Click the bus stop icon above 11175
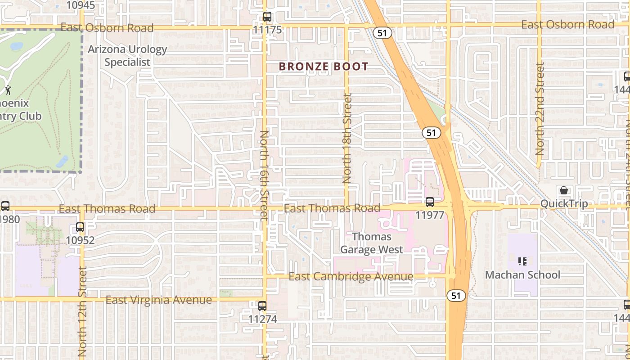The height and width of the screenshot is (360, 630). pos(267,17)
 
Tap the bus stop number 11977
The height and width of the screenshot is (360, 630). pos(429,215)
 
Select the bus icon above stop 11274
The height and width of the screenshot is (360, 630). pos(262,306)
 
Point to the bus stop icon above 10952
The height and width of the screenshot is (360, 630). pos(80,227)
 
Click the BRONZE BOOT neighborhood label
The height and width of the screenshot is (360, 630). pos(324,67)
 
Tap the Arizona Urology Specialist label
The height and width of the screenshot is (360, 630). pos(127,56)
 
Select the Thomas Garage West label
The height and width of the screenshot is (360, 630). pos(372,243)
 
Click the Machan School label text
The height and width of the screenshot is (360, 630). pos(522,274)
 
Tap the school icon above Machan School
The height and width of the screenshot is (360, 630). pos(522,261)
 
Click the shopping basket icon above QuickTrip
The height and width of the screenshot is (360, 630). pos(563,190)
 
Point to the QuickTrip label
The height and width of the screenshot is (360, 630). pos(564,204)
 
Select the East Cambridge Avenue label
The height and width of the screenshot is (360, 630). pos(351,276)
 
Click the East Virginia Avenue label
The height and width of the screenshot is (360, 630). pos(158,300)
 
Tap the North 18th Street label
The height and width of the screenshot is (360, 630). pos(347,138)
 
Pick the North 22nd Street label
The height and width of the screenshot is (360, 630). pos(540,109)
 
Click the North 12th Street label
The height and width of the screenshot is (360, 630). pos(82,310)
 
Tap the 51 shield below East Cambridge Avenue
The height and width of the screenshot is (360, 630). pos(456,295)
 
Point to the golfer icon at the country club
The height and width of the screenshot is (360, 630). pos(8,90)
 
